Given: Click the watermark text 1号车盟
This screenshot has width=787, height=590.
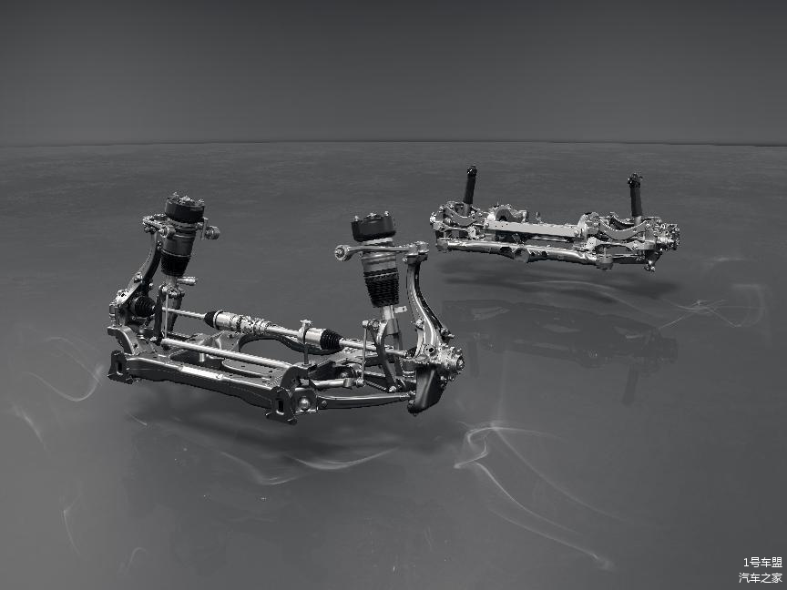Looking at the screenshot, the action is coord(762,562).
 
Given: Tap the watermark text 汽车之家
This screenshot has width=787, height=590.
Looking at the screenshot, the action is coord(761,577).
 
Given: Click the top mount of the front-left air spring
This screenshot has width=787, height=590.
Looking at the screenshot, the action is coord(185,208).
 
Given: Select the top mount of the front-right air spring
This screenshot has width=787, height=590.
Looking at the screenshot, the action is coord(373,227).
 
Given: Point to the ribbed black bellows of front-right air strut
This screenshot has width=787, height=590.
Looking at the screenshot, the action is coord(383,290).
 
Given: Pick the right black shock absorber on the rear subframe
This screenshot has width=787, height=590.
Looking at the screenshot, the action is coord(636,195).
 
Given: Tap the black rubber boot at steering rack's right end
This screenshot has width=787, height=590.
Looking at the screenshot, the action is coord(332,340).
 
